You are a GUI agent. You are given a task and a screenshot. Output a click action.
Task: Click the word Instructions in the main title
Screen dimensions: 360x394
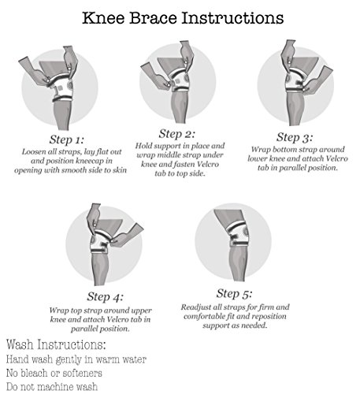(232, 18)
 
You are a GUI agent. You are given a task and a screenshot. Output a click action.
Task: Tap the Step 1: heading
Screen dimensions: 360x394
(67, 139)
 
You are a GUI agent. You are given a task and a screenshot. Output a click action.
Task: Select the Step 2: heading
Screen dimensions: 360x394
(177, 134)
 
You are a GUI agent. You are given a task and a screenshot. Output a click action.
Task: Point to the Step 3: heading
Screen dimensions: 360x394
(295, 137)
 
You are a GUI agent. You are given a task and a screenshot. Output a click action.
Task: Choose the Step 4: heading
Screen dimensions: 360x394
(105, 296)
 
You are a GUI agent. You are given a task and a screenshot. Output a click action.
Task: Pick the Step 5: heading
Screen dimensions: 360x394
(234, 293)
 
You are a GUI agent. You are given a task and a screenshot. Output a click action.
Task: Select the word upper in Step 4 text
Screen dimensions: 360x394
(142, 311)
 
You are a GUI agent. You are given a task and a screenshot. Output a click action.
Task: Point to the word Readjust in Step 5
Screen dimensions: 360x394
(193, 307)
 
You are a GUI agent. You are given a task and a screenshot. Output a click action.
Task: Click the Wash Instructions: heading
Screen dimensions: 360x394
(56, 344)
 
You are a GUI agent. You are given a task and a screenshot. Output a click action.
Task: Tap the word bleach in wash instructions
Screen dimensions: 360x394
(35, 373)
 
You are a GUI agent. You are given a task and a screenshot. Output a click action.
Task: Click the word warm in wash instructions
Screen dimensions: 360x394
(106, 359)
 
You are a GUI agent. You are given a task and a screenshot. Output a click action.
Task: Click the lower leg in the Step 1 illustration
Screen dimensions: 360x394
(62, 114)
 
